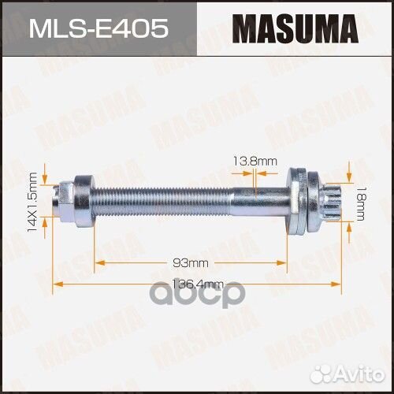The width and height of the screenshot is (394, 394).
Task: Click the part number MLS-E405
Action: pos(98,28)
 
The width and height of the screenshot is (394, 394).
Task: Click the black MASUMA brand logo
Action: pos(295,28)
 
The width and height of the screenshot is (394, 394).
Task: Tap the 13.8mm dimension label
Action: pos(255,161)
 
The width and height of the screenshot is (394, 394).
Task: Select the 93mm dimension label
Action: pos(191,263)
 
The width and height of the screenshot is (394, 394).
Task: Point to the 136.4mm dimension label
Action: pos(198,284)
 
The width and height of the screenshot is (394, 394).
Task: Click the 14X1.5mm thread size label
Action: pos(32,202)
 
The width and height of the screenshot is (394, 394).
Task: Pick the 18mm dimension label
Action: pos(360,204)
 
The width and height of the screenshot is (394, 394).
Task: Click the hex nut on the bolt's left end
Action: pos(65,202)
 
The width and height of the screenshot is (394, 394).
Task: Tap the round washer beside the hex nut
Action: pos(84,202)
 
